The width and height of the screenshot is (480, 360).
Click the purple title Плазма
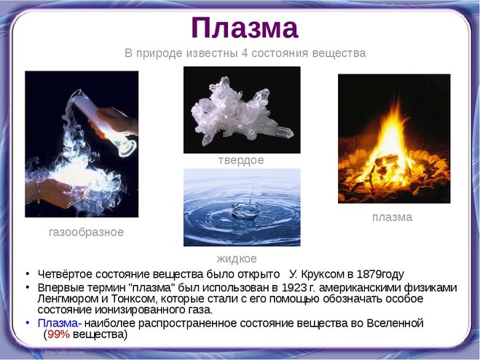245,28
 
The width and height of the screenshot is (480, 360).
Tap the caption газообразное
87,232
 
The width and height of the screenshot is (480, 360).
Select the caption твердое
241,160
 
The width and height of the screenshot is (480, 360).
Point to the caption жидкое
237,259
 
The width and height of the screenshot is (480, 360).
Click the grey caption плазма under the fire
392,217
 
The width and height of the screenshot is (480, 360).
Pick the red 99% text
58,334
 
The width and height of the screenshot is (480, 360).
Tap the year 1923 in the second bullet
294,288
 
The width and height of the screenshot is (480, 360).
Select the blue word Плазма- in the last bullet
60,324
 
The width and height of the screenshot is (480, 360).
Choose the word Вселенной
396,324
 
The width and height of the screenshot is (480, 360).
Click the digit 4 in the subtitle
244,53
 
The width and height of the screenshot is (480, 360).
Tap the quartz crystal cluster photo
242,110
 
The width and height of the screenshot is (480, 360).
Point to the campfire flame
393,144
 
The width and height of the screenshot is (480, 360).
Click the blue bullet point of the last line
28,323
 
